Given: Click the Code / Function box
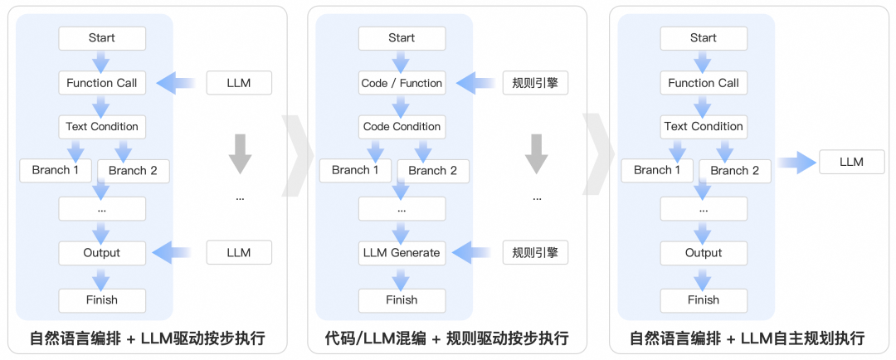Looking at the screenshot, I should coord(402,83).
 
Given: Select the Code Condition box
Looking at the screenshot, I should coord(402,127).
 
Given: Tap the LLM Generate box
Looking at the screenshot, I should coord(402,253).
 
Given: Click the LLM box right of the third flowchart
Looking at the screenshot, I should coord(851,163).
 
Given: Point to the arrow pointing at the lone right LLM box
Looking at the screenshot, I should coord(796,163).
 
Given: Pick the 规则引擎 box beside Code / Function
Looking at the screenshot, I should coord(535,82).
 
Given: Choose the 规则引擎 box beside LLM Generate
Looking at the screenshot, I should coord(535,252).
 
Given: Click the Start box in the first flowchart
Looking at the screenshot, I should coord(102,38).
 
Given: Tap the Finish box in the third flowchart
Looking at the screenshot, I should coord(704,300).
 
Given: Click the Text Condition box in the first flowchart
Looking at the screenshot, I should coord(102,127).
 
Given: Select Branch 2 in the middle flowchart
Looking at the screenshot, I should coord(432,171).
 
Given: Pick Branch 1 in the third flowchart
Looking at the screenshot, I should coord(653,170).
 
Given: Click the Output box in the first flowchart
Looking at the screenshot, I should coord(102,253).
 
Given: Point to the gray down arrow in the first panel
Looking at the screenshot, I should coord(240,154).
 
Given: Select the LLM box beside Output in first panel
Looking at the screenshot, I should coord(239,252).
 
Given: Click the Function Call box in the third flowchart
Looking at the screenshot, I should coord(704,83).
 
